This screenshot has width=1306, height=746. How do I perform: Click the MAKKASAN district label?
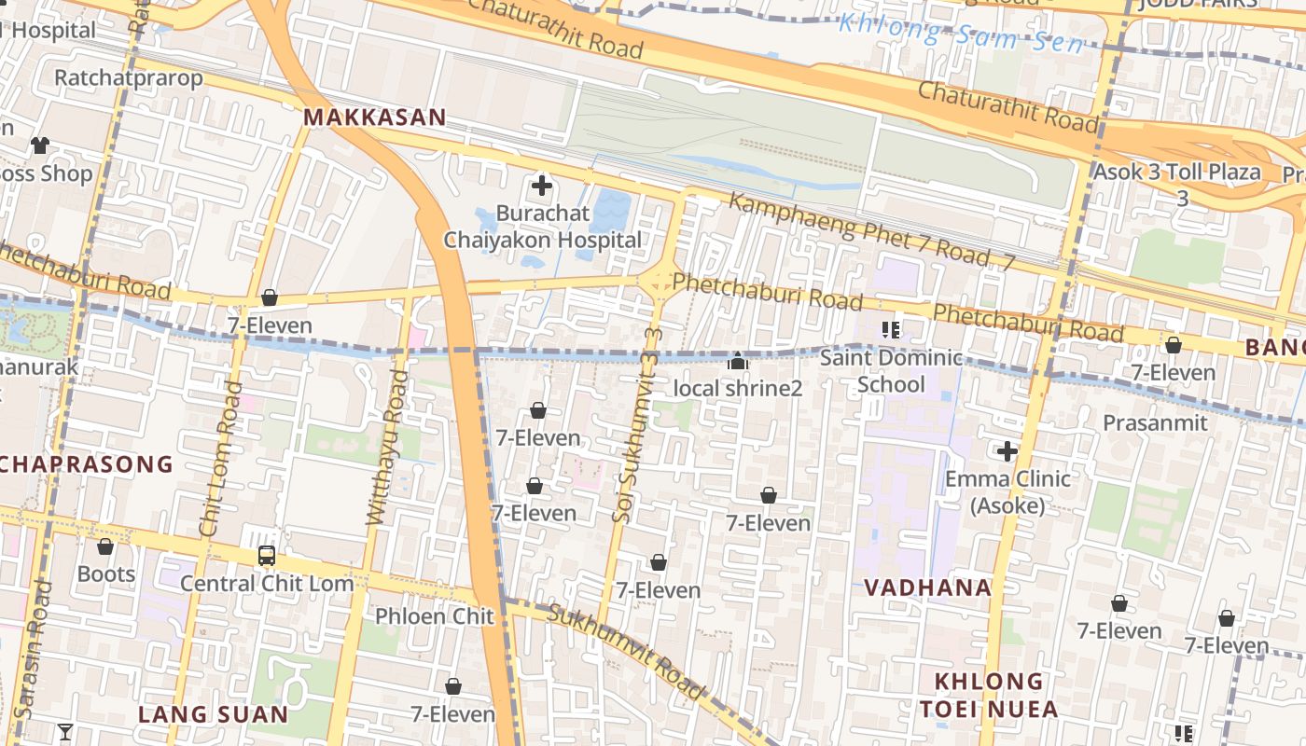coord(374,117)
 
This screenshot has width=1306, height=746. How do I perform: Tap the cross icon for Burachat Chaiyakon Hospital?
coord(541,186)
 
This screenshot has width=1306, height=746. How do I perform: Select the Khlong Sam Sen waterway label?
coord(961,34)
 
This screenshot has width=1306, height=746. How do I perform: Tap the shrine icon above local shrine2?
coord(738,360)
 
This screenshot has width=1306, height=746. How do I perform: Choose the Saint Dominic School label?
coord(891,371)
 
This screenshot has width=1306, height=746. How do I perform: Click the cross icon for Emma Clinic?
coord(1007,452)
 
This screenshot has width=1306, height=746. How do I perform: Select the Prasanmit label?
coord(1155,423)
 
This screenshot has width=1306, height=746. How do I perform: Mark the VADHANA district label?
coord(927,587)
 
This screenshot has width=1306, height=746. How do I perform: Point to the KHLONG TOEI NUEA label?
coord(989,695)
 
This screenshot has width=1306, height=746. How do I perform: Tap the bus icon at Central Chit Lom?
coord(267,556)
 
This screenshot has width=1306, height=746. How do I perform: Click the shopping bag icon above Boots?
coord(105,546)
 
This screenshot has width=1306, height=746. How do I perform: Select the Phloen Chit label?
coord(434,616)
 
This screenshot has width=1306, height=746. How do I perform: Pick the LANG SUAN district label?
coord(213,714)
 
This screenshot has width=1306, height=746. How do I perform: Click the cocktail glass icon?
coord(64,732)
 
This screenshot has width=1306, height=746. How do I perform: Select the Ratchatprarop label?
coord(128,77)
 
